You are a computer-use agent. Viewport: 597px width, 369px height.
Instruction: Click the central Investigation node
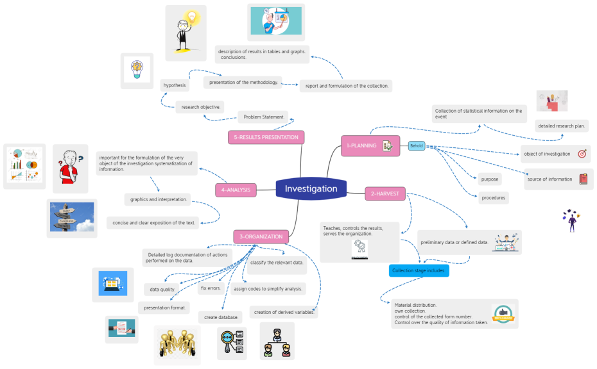311,189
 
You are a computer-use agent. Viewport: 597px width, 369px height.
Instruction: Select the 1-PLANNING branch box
369,145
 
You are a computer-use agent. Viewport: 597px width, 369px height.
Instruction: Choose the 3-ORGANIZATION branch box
261,236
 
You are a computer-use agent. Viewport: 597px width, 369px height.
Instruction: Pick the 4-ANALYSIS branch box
236,190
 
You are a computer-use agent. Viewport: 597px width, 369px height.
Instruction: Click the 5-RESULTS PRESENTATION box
266,137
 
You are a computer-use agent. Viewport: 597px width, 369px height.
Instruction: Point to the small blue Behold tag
417,146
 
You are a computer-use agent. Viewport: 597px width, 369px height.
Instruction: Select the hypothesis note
174,85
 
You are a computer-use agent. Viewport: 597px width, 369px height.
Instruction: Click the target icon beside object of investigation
582,154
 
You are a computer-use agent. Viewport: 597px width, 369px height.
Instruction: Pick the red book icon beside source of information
583,179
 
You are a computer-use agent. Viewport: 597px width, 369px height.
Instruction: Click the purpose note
489,179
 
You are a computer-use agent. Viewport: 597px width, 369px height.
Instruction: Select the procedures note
493,198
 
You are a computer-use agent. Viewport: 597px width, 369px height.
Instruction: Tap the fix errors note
211,288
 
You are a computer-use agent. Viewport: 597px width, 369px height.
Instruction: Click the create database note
221,317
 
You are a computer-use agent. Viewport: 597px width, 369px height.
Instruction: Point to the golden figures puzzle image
177,345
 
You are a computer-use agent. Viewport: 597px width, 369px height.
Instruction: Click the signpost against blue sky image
72,217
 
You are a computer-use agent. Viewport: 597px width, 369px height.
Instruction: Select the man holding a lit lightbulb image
186,33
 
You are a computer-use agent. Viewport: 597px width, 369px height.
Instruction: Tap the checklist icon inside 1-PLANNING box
387,146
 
